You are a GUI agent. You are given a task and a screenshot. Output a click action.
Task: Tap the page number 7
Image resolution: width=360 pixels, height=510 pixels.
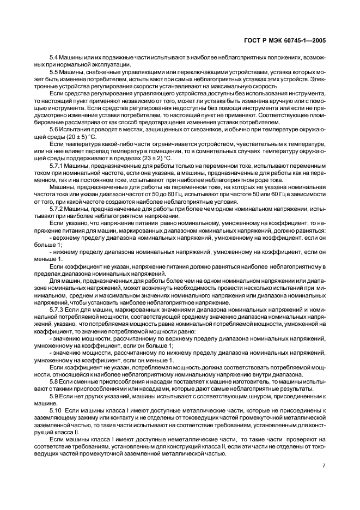(x=324, y=466)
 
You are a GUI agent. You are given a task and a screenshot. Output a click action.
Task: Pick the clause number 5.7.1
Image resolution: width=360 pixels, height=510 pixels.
(x=57, y=163)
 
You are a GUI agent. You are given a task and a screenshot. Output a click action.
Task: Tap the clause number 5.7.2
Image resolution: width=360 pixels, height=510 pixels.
(x=57, y=209)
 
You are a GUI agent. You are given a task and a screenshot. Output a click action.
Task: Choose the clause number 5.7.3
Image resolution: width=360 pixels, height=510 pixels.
(x=57, y=308)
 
